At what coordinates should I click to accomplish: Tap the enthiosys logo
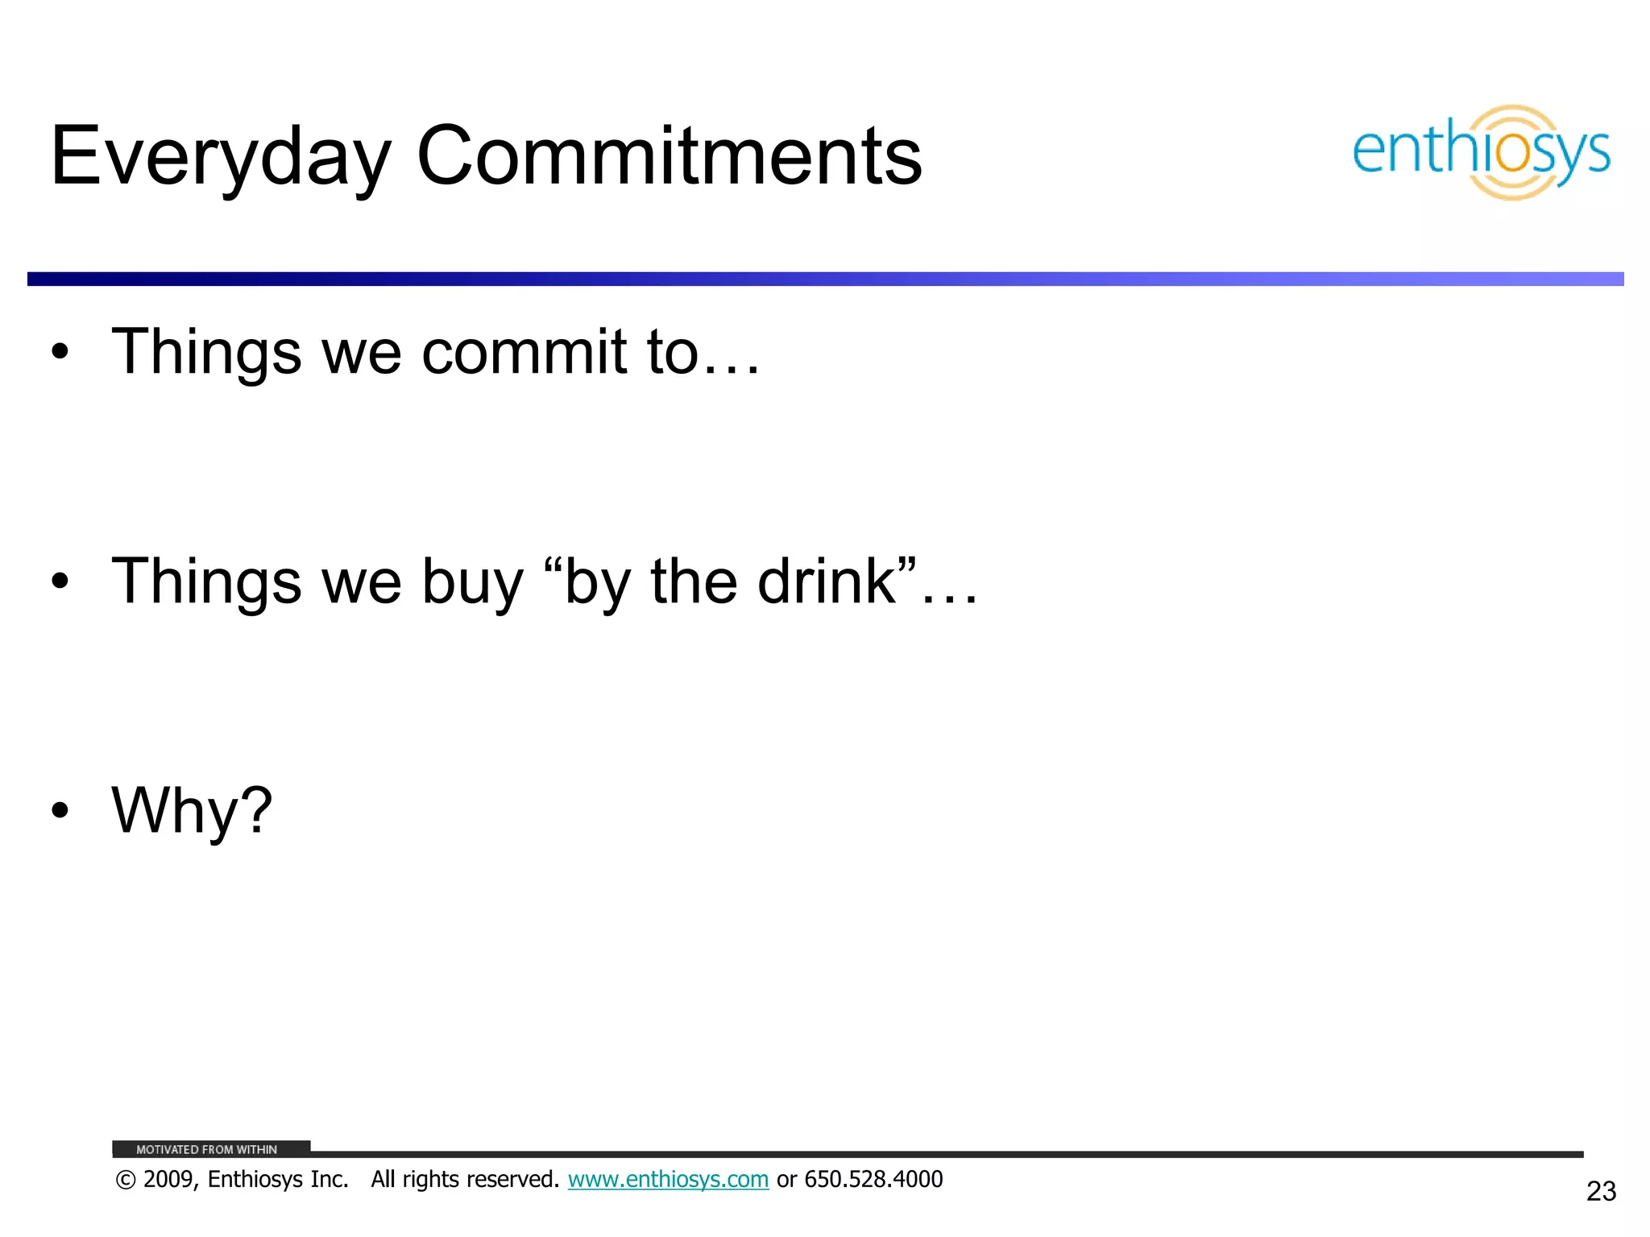[1481, 152]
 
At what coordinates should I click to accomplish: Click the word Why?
[192, 811]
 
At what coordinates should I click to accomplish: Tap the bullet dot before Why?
[60, 811]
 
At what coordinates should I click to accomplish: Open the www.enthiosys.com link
[668, 1179]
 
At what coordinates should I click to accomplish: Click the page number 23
[1601, 1191]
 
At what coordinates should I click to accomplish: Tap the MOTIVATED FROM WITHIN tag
[207, 1149]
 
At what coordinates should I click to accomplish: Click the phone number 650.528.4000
[873, 1179]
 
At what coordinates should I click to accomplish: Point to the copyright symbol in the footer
[126, 1180]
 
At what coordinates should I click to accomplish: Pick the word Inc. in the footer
[329, 1179]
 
